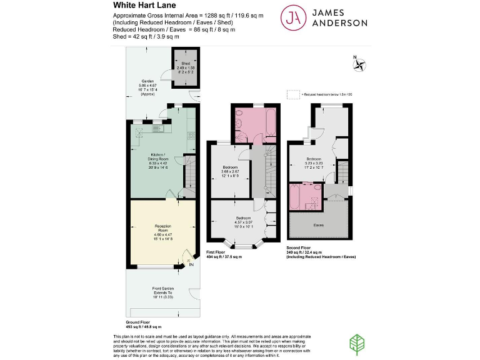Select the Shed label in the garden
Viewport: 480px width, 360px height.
[186, 63]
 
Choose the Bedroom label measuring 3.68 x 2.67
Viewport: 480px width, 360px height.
[231, 167]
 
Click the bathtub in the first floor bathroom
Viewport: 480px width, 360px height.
[271, 123]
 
